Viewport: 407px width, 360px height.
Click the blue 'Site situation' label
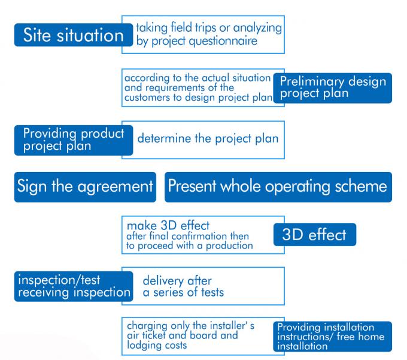click(x=74, y=35)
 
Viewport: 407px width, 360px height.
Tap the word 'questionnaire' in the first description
click(x=223, y=41)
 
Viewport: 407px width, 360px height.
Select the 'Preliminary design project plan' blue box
click(x=333, y=88)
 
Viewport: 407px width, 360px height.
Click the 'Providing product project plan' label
click(x=74, y=140)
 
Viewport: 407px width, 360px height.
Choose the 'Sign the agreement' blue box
click(x=85, y=187)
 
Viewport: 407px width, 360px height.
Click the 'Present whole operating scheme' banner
click(x=278, y=187)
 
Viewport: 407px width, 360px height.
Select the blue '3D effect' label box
click(x=315, y=235)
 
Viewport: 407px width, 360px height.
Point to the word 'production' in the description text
click(x=229, y=246)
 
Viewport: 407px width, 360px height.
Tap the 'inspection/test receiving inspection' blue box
click(x=74, y=286)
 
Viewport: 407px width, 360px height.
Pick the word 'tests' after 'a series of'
click(x=212, y=292)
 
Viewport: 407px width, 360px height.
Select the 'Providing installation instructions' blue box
click(x=333, y=337)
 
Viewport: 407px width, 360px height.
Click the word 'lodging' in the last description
click(x=142, y=346)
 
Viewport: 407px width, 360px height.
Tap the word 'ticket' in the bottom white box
click(x=154, y=335)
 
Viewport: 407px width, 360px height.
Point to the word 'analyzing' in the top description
click(x=257, y=28)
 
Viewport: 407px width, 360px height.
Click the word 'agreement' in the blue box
click(x=116, y=187)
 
